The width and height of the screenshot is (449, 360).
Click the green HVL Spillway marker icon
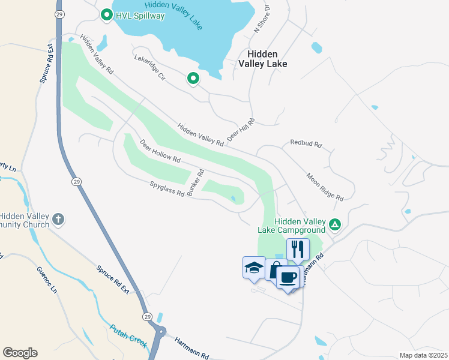click(x=107, y=14)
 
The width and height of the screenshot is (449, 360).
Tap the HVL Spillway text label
click(x=140, y=16)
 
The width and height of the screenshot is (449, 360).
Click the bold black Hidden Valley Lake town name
click(x=262, y=58)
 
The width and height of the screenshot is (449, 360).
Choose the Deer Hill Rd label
click(x=241, y=129)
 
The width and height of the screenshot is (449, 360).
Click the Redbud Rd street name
click(x=306, y=144)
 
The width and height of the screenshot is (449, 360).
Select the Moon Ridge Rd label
click(x=325, y=187)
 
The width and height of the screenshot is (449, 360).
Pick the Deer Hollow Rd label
click(x=160, y=152)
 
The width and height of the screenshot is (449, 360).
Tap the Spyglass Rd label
click(x=167, y=192)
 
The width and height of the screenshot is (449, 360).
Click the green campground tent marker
click(x=335, y=225)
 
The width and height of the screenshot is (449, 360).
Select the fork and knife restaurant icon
click(x=298, y=248)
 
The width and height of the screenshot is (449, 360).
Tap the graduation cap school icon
click(x=254, y=266)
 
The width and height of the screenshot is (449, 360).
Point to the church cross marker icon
click(x=58, y=219)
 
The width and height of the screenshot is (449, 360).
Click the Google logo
click(x=20, y=352)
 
